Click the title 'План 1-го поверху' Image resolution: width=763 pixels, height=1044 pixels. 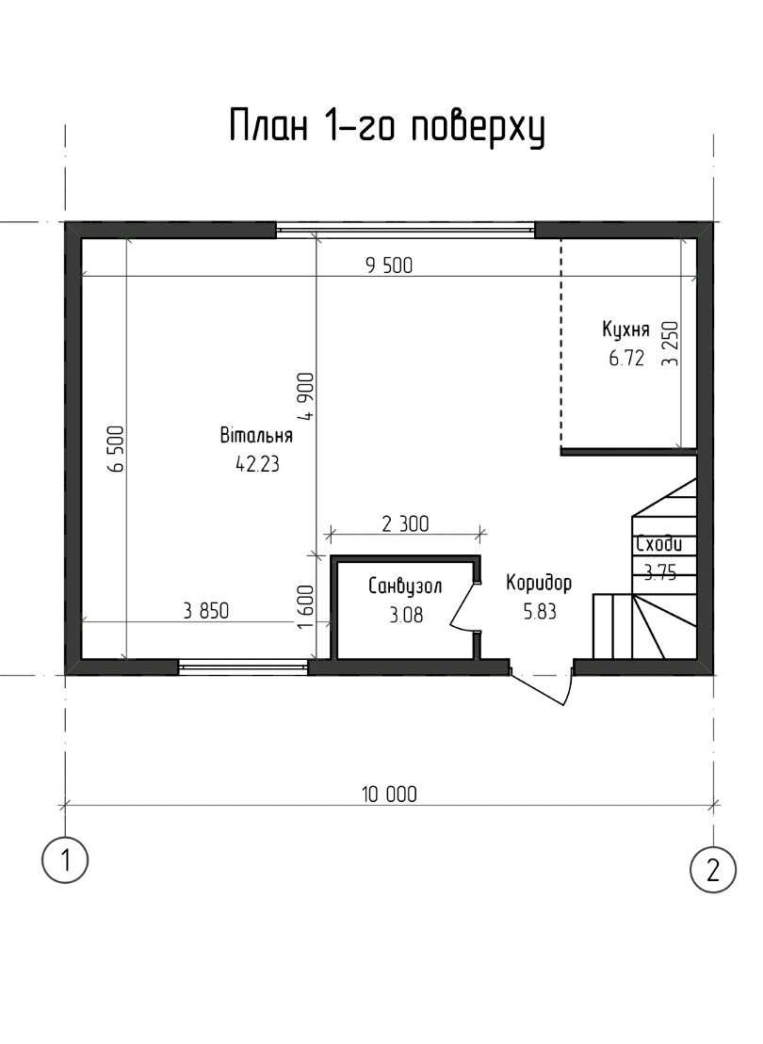point(386,126)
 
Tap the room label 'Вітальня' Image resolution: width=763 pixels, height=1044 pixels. point(256,436)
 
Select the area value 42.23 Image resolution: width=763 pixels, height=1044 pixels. point(257,464)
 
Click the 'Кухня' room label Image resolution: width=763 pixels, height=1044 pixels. point(625,330)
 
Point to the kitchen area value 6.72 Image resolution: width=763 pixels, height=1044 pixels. point(626,359)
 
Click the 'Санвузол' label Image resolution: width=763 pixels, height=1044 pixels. point(405,586)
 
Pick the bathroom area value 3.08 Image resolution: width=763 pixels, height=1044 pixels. point(406,615)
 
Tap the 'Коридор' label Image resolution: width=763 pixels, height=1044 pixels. point(539,584)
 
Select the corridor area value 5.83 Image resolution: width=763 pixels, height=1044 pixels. point(539,611)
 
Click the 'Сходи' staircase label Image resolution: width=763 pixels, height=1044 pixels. point(659,544)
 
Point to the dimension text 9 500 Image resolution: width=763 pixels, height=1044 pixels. point(389,265)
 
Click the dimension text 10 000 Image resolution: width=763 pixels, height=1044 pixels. point(389,795)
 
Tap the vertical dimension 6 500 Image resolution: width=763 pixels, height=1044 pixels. point(116,448)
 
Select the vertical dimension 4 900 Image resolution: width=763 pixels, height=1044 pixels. point(306,396)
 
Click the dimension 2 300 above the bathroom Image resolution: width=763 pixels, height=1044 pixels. point(405,524)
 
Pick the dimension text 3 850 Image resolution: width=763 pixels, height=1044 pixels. point(206,611)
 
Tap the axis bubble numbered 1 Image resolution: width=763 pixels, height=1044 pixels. point(65,860)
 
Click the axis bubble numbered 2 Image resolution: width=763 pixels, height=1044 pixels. point(713,870)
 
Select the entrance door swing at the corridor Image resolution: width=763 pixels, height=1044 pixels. point(541,684)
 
